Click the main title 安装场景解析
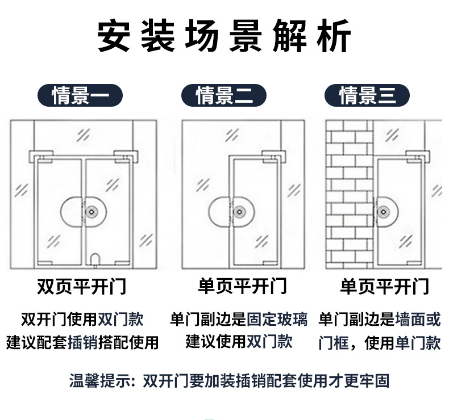(x=224, y=36)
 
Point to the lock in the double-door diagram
(x=91, y=211)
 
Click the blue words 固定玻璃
(x=277, y=320)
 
